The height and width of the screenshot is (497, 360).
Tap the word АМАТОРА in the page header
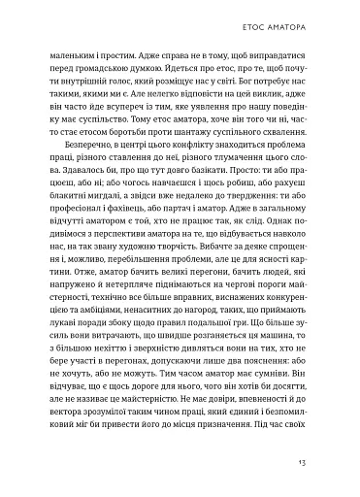pos(304,20)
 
